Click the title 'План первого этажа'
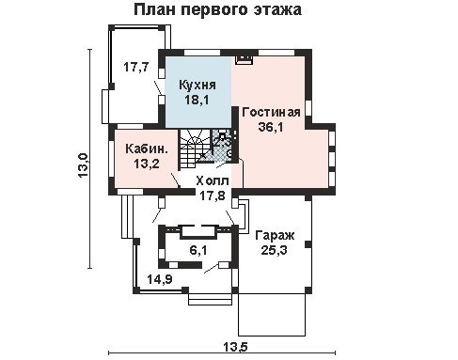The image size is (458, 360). [217, 10]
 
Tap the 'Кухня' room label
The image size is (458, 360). [197, 85]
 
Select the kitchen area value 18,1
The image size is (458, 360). [197, 100]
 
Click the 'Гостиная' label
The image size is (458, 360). [271, 112]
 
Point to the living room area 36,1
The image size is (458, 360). [271, 127]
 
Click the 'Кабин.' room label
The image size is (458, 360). [147, 149]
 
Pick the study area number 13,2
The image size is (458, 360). [147, 164]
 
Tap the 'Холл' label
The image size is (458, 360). [213, 181]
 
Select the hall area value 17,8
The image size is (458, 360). [213, 196]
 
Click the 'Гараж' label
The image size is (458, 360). [275, 235]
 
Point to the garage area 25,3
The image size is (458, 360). [275, 250]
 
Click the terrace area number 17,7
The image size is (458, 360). [135, 67]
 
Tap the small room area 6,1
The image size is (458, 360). [198, 250]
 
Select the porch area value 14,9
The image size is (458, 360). [160, 279]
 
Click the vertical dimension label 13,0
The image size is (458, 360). [84, 165]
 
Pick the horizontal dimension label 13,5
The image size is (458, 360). [235, 347]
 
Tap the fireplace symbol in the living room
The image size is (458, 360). [245, 59]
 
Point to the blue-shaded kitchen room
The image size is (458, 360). [198, 92]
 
